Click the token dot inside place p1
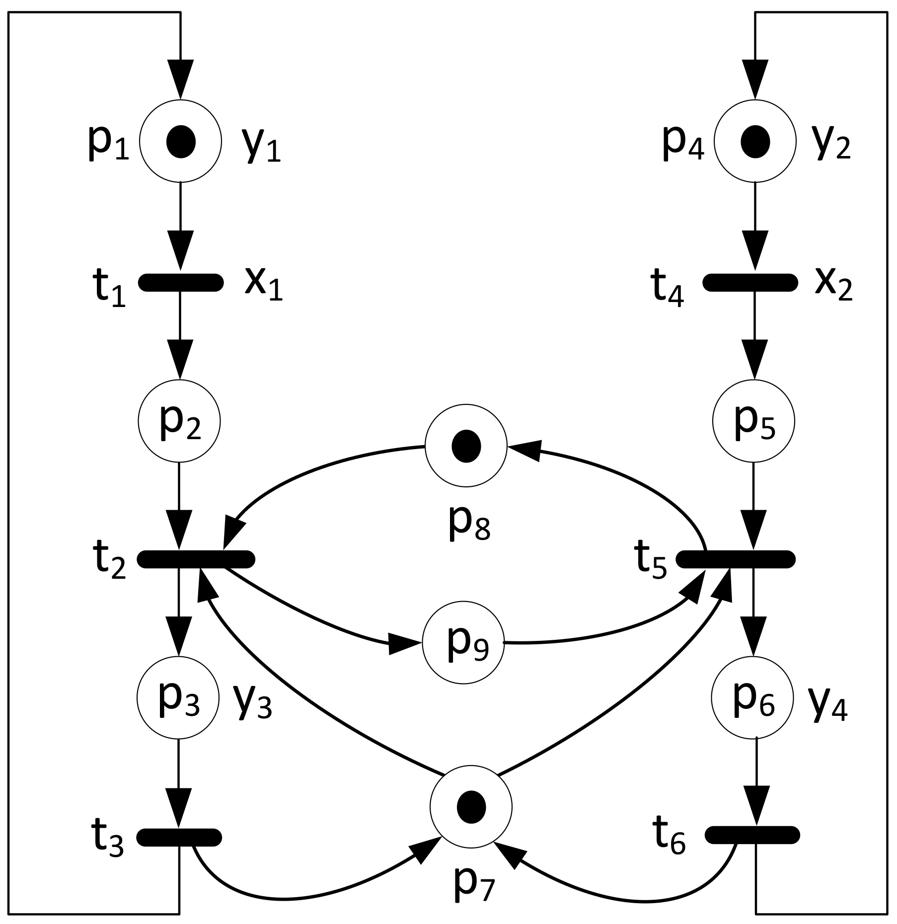tap(181, 142)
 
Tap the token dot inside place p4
tap(755, 142)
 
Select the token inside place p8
tap(466, 446)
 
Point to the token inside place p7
tap(470, 807)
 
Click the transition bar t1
tap(181, 282)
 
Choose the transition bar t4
tap(750, 282)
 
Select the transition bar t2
tap(196, 559)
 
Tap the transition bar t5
tap(736, 559)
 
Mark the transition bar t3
tap(179, 837)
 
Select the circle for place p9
tap(463, 643)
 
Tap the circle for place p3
tap(178, 698)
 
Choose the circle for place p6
tap(752, 698)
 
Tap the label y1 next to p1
tap(261, 145)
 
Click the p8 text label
tap(469, 524)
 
